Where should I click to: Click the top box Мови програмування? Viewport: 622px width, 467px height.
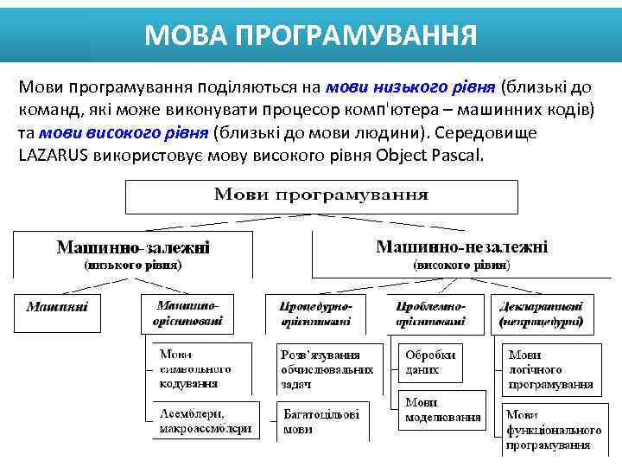coord(321,195)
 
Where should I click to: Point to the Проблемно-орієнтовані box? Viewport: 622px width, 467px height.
coord(430,315)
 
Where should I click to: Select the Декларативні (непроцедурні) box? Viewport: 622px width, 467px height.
coord(546,315)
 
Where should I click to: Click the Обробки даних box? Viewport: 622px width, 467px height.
coord(430,361)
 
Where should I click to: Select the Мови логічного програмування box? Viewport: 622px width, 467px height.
coord(550,369)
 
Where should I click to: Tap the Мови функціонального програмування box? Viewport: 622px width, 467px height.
coord(553,430)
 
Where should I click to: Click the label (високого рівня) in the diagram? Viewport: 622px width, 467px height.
coord(461,264)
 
